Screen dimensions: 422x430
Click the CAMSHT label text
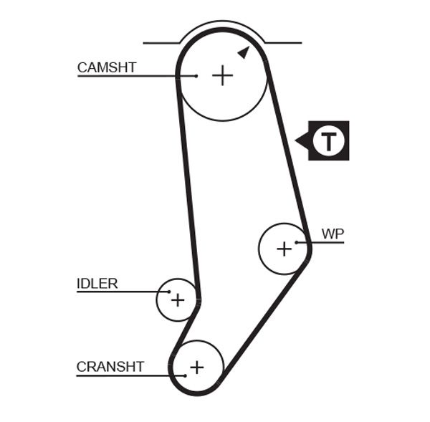(107, 68)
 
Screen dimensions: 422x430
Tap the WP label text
(333, 234)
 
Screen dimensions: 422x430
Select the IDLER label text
(97, 284)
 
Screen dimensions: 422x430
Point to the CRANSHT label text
(110, 367)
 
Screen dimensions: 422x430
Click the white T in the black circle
(328, 140)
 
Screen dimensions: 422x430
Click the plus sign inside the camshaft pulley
(223, 75)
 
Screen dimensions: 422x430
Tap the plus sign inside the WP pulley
(284, 249)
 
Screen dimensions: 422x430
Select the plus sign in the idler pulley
(177, 300)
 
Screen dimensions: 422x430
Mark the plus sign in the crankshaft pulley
(196, 367)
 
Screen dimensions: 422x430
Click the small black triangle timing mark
(244, 52)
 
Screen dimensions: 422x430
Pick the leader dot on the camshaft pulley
(196, 75)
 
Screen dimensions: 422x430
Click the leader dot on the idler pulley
(169, 292)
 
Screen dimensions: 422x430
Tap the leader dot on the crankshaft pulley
(186, 375)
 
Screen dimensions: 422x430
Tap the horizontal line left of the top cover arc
(161, 43)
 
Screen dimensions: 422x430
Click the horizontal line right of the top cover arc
(283, 43)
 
